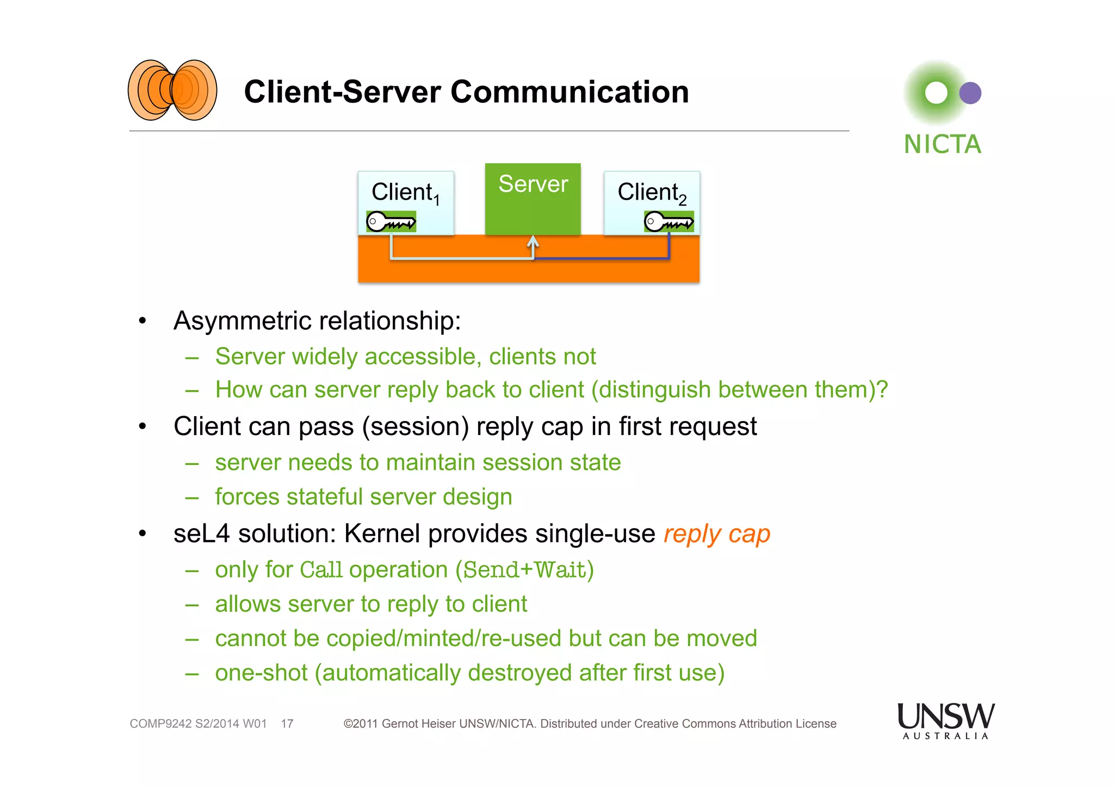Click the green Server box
tap(533, 200)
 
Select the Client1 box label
tap(405, 193)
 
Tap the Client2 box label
tap(651, 193)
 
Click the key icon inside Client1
tap(391, 222)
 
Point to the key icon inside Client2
tap(669, 222)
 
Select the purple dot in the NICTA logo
tap(970, 93)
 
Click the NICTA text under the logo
tap(942, 145)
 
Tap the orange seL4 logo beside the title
tap(172, 90)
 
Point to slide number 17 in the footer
tap(287, 724)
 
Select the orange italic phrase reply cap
tap(716, 534)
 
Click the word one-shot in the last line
tap(261, 673)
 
